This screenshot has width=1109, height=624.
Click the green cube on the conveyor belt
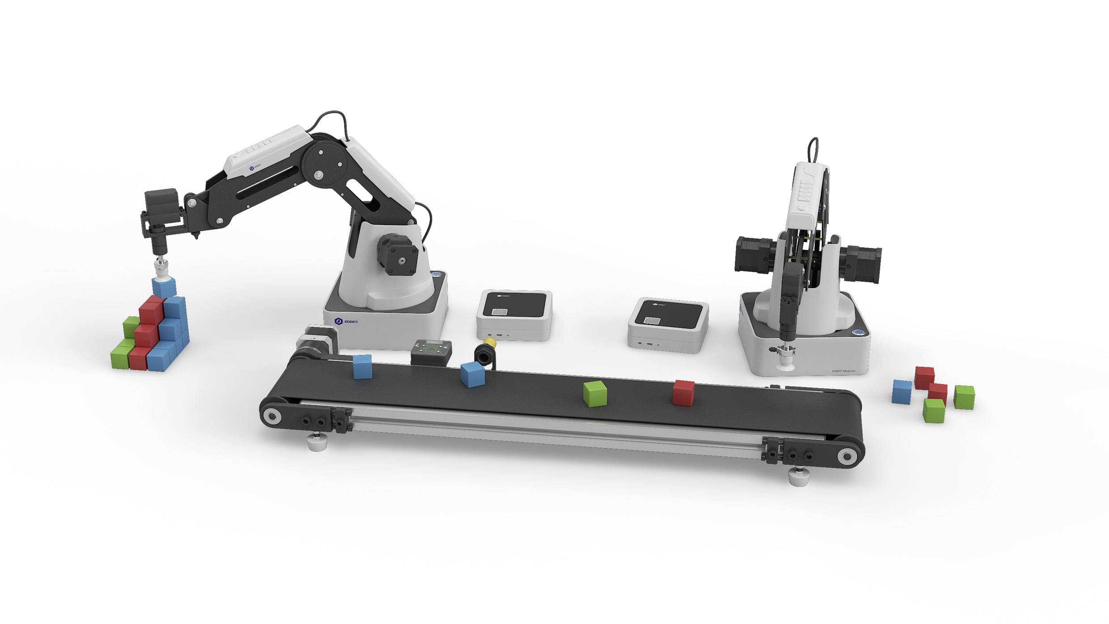(x=595, y=394)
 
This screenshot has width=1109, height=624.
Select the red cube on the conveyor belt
(x=683, y=393)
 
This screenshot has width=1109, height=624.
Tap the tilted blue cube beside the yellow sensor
(x=473, y=374)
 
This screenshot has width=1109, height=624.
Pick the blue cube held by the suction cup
(x=164, y=287)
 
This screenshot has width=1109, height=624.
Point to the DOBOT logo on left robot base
(x=346, y=321)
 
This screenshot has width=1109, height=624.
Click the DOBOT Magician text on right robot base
(x=843, y=370)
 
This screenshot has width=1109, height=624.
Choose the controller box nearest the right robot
(x=668, y=325)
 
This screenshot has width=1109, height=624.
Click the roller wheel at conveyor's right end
(x=847, y=457)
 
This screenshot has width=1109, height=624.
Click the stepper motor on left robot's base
(x=397, y=256)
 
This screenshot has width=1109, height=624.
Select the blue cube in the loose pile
(x=902, y=392)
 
